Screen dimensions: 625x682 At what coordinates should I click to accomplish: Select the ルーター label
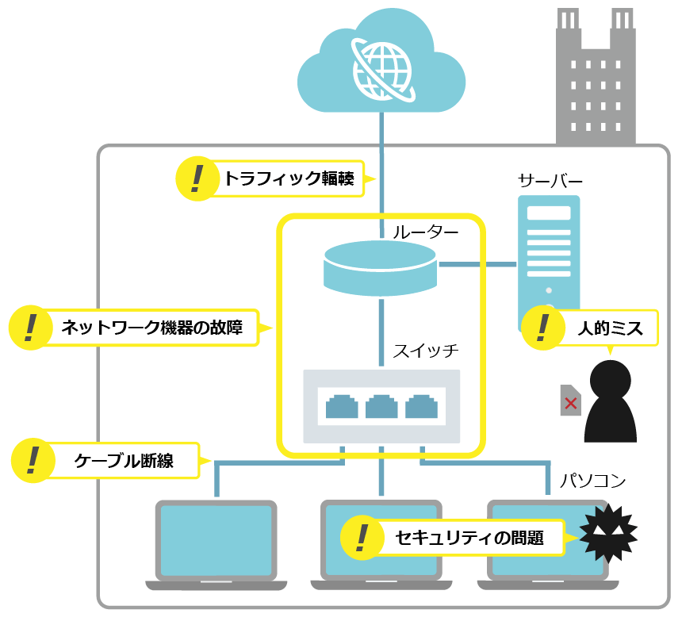click(425, 232)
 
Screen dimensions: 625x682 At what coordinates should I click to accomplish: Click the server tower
click(549, 246)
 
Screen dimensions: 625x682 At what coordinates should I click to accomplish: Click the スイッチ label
click(426, 350)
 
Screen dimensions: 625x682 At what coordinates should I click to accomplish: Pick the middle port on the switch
click(381, 406)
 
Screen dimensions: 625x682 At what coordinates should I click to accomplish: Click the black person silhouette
click(611, 401)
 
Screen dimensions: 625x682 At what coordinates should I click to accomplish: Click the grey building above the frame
click(596, 79)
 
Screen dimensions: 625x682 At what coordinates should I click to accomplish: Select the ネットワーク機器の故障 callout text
click(158, 327)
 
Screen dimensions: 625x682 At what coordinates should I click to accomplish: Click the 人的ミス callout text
click(608, 327)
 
